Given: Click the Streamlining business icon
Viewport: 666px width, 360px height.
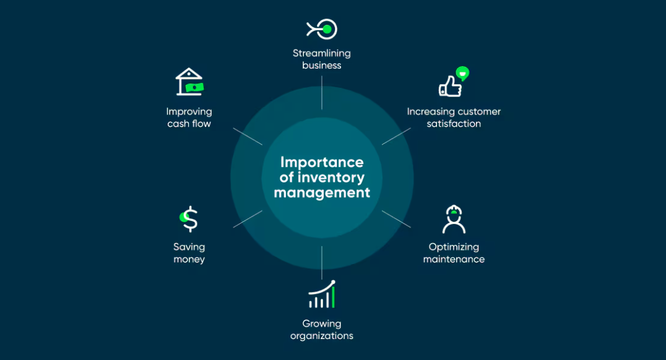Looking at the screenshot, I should click(322, 28).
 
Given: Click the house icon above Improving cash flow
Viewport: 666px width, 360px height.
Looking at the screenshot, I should click(189, 82).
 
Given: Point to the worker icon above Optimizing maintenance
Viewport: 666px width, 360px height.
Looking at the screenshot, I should click(454, 219).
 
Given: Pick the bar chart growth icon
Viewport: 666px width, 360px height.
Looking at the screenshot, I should click(322, 295).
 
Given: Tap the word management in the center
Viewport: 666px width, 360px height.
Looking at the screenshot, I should click(322, 192).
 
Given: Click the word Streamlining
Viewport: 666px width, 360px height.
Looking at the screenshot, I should click(322, 53).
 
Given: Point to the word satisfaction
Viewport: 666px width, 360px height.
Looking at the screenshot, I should click(454, 124).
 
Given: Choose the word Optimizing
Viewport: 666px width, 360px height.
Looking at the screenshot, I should click(454, 247).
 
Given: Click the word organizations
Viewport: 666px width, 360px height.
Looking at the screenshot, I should click(322, 336).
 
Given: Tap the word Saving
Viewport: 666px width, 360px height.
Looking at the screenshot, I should click(189, 247).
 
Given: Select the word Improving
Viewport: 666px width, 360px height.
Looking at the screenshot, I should click(189, 111).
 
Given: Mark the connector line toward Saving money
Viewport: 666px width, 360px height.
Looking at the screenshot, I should click(248, 219).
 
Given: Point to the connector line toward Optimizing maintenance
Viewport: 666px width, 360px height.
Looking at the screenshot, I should click(396, 219).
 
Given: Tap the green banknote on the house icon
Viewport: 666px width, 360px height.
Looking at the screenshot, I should click(196, 88).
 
